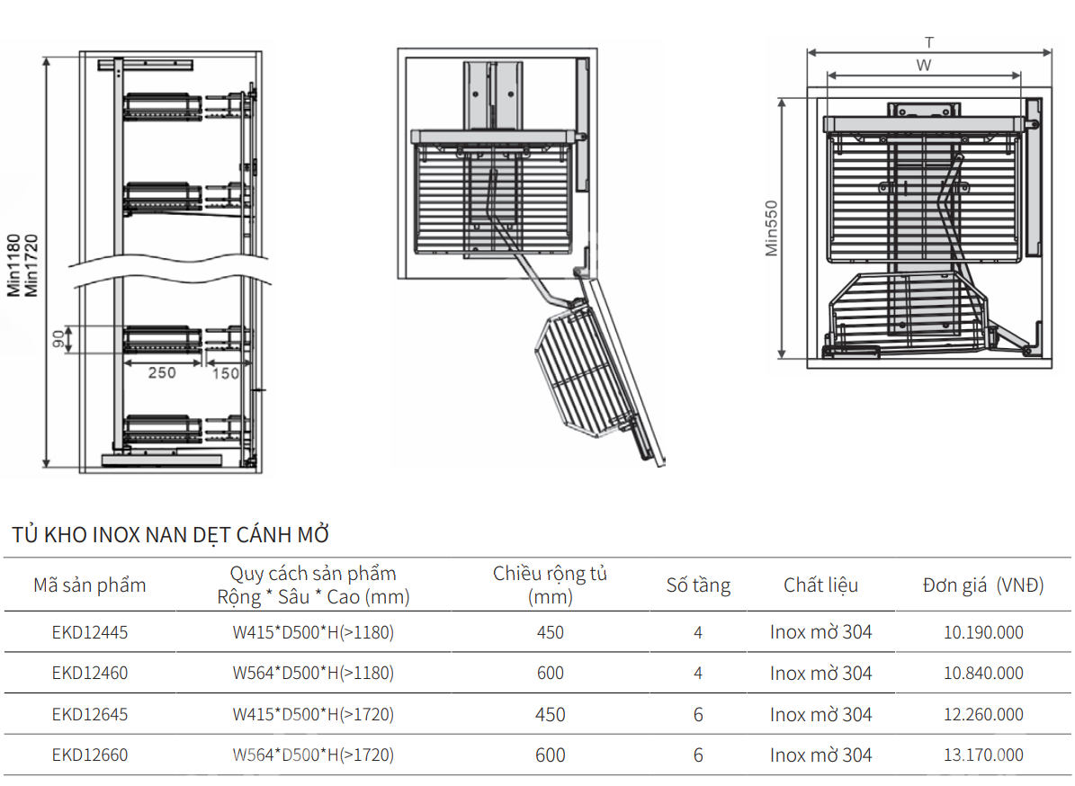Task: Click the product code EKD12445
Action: [90, 632]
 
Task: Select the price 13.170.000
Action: [983, 755]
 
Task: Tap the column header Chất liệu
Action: [820, 585]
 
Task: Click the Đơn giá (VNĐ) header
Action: [983, 585]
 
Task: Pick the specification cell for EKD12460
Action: [313, 673]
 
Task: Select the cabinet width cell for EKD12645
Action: [551, 714]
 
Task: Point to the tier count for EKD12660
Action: [698, 755]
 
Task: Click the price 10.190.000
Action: [983, 632]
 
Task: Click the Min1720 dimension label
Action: [32, 264]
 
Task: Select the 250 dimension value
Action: [162, 373]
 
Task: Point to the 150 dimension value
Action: [226, 373]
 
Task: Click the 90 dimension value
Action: [58, 340]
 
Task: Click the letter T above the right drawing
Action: [928, 41]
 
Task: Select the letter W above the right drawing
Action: [923, 65]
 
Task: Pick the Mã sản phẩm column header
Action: [90, 585]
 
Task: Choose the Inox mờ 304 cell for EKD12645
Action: [820, 714]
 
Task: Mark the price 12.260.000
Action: [983, 714]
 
